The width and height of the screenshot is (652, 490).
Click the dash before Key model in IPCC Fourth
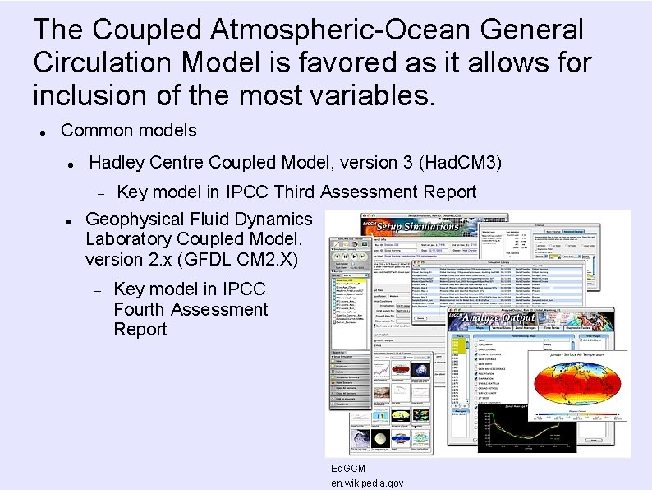tap(96, 290)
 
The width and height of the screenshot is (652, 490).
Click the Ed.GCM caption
tap(347, 468)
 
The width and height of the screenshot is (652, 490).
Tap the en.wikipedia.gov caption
tap(367, 483)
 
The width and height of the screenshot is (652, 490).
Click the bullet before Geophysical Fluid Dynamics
tap(70, 220)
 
